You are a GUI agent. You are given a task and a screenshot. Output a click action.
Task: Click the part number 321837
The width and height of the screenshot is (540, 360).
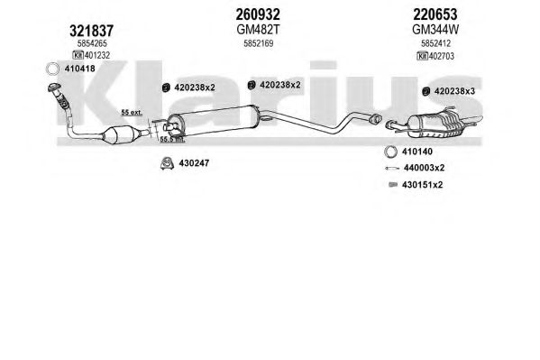point(91,31)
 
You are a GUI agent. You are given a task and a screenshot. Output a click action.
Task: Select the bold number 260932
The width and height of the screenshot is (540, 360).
point(258,14)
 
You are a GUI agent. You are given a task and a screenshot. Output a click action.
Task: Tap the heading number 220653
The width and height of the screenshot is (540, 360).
point(435,14)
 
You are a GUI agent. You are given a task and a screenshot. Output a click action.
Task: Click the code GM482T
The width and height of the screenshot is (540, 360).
point(258,30)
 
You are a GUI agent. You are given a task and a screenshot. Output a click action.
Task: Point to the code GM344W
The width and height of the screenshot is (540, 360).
point(435,30)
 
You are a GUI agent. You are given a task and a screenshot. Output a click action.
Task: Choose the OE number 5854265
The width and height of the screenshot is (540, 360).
point(92,43)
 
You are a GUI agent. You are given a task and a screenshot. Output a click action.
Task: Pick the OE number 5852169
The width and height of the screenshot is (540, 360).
point(259,43)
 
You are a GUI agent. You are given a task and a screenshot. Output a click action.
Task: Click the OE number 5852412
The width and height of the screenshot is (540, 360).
point(435,43)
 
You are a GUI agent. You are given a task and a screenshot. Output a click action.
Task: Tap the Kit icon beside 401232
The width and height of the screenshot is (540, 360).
point(78,55)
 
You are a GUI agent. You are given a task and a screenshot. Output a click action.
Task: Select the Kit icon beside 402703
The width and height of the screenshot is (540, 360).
point(422,56)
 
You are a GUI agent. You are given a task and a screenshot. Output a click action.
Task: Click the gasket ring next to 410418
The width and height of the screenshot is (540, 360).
point(52,69)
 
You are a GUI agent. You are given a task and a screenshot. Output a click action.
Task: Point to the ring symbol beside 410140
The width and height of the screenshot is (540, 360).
point(390,152)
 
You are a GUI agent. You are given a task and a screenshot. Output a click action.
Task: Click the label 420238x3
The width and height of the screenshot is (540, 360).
point(454,91)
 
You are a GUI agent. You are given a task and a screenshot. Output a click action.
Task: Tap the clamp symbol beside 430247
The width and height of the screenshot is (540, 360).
point(168,163)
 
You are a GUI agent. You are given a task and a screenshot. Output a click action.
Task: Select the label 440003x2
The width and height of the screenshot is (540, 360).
point(424,168)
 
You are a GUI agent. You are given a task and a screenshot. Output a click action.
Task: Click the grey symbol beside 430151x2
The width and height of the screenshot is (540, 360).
point(392,185)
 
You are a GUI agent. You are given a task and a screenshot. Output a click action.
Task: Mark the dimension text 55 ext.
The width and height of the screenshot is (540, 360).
point(132,113)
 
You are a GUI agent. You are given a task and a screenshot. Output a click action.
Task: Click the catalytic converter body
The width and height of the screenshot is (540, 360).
point(120,134)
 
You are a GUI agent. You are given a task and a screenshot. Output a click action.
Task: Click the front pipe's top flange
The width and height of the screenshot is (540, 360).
point(54,88)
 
